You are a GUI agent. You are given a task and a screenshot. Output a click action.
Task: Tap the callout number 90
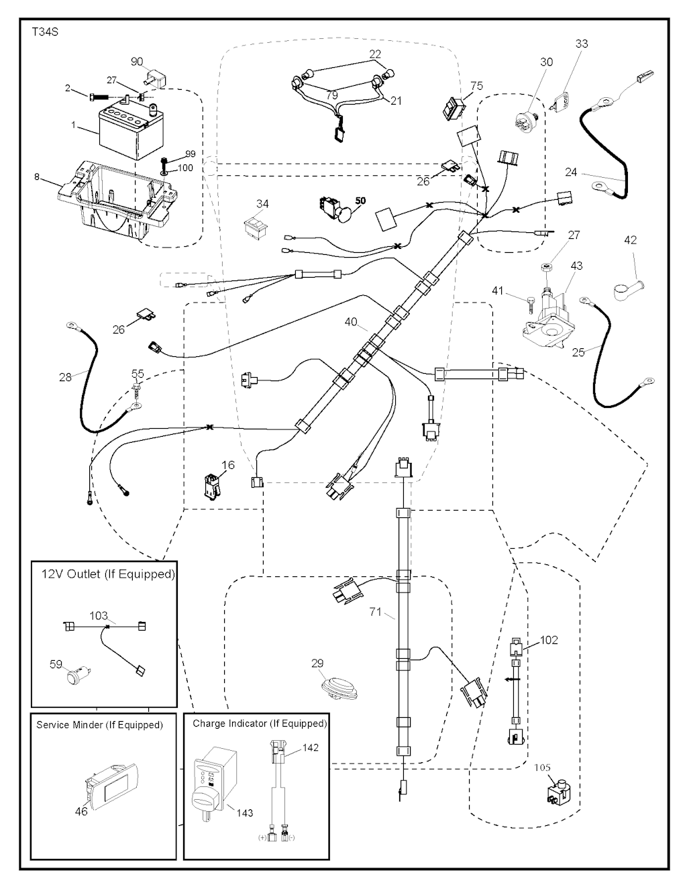click(x=137, y=62)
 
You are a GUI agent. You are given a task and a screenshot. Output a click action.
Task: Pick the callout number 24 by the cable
click(x=571, y=172)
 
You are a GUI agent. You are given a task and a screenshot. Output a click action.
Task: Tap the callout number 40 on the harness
click(x=351, y=322)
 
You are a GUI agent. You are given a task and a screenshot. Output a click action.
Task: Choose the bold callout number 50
click(x=360, y=200)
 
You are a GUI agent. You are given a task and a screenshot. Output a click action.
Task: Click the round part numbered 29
click(x=335, y=688)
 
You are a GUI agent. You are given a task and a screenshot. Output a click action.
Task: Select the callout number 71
click(x=376, y=612)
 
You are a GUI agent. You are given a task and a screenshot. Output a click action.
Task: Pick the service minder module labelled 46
click(x=112, y=786)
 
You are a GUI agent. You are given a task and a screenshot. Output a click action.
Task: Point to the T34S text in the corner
click(x=45, y=32)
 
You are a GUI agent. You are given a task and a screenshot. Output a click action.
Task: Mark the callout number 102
click(x=549, y=640)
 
